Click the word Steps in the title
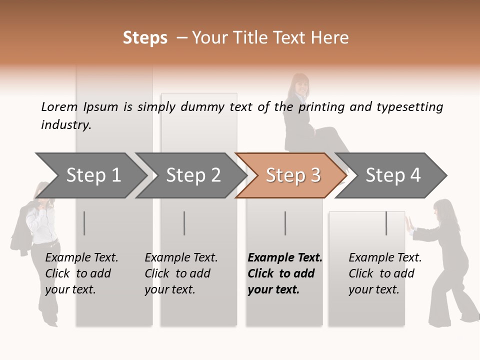click(x=145, y=38)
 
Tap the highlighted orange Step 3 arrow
click(x=292, y=175)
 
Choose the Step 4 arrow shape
click(x=392, y=175)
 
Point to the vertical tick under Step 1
click(x=84, y=223)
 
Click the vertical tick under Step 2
click(x=184, y=223)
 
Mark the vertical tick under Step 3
click(x=285, y=223)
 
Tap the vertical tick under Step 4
click(x=386, y=223)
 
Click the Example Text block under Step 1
click(x=81, y=273)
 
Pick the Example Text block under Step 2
click(x=181, y=273)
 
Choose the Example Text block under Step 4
click(x=385, y=273)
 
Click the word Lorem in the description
click(x=59, y=107)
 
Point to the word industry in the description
click(x=66, y=125)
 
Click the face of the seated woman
click(x=300, y=85)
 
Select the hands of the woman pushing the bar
click(x=408, y=224)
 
